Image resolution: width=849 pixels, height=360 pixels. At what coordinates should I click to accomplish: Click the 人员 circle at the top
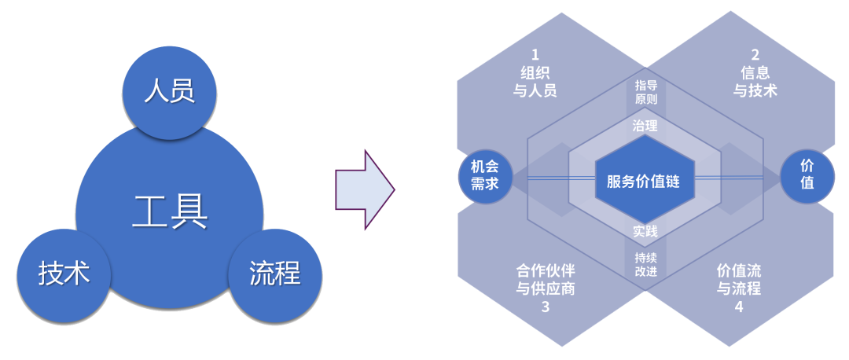(170, 93)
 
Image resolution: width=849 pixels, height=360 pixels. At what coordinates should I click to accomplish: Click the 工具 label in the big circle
(170, 211)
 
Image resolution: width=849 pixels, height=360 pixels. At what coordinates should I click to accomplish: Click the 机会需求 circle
(485, 175)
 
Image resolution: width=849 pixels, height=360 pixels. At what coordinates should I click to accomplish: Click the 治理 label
(645, 125)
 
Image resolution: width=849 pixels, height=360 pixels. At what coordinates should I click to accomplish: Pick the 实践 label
(645, 231)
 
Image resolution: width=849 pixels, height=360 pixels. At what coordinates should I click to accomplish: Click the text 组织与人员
(535, 82)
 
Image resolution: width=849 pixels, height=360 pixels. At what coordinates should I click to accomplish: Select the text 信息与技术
(755, 82)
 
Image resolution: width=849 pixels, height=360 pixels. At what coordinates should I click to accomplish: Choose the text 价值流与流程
(739, 279)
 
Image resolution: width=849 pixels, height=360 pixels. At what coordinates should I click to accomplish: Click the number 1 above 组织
(535, 55)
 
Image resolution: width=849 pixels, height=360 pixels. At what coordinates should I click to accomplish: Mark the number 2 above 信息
(755, 55)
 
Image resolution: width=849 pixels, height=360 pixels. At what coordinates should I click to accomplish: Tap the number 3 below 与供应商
(544, 307)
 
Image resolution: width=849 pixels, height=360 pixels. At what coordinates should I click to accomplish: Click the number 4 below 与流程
(739, 307)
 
